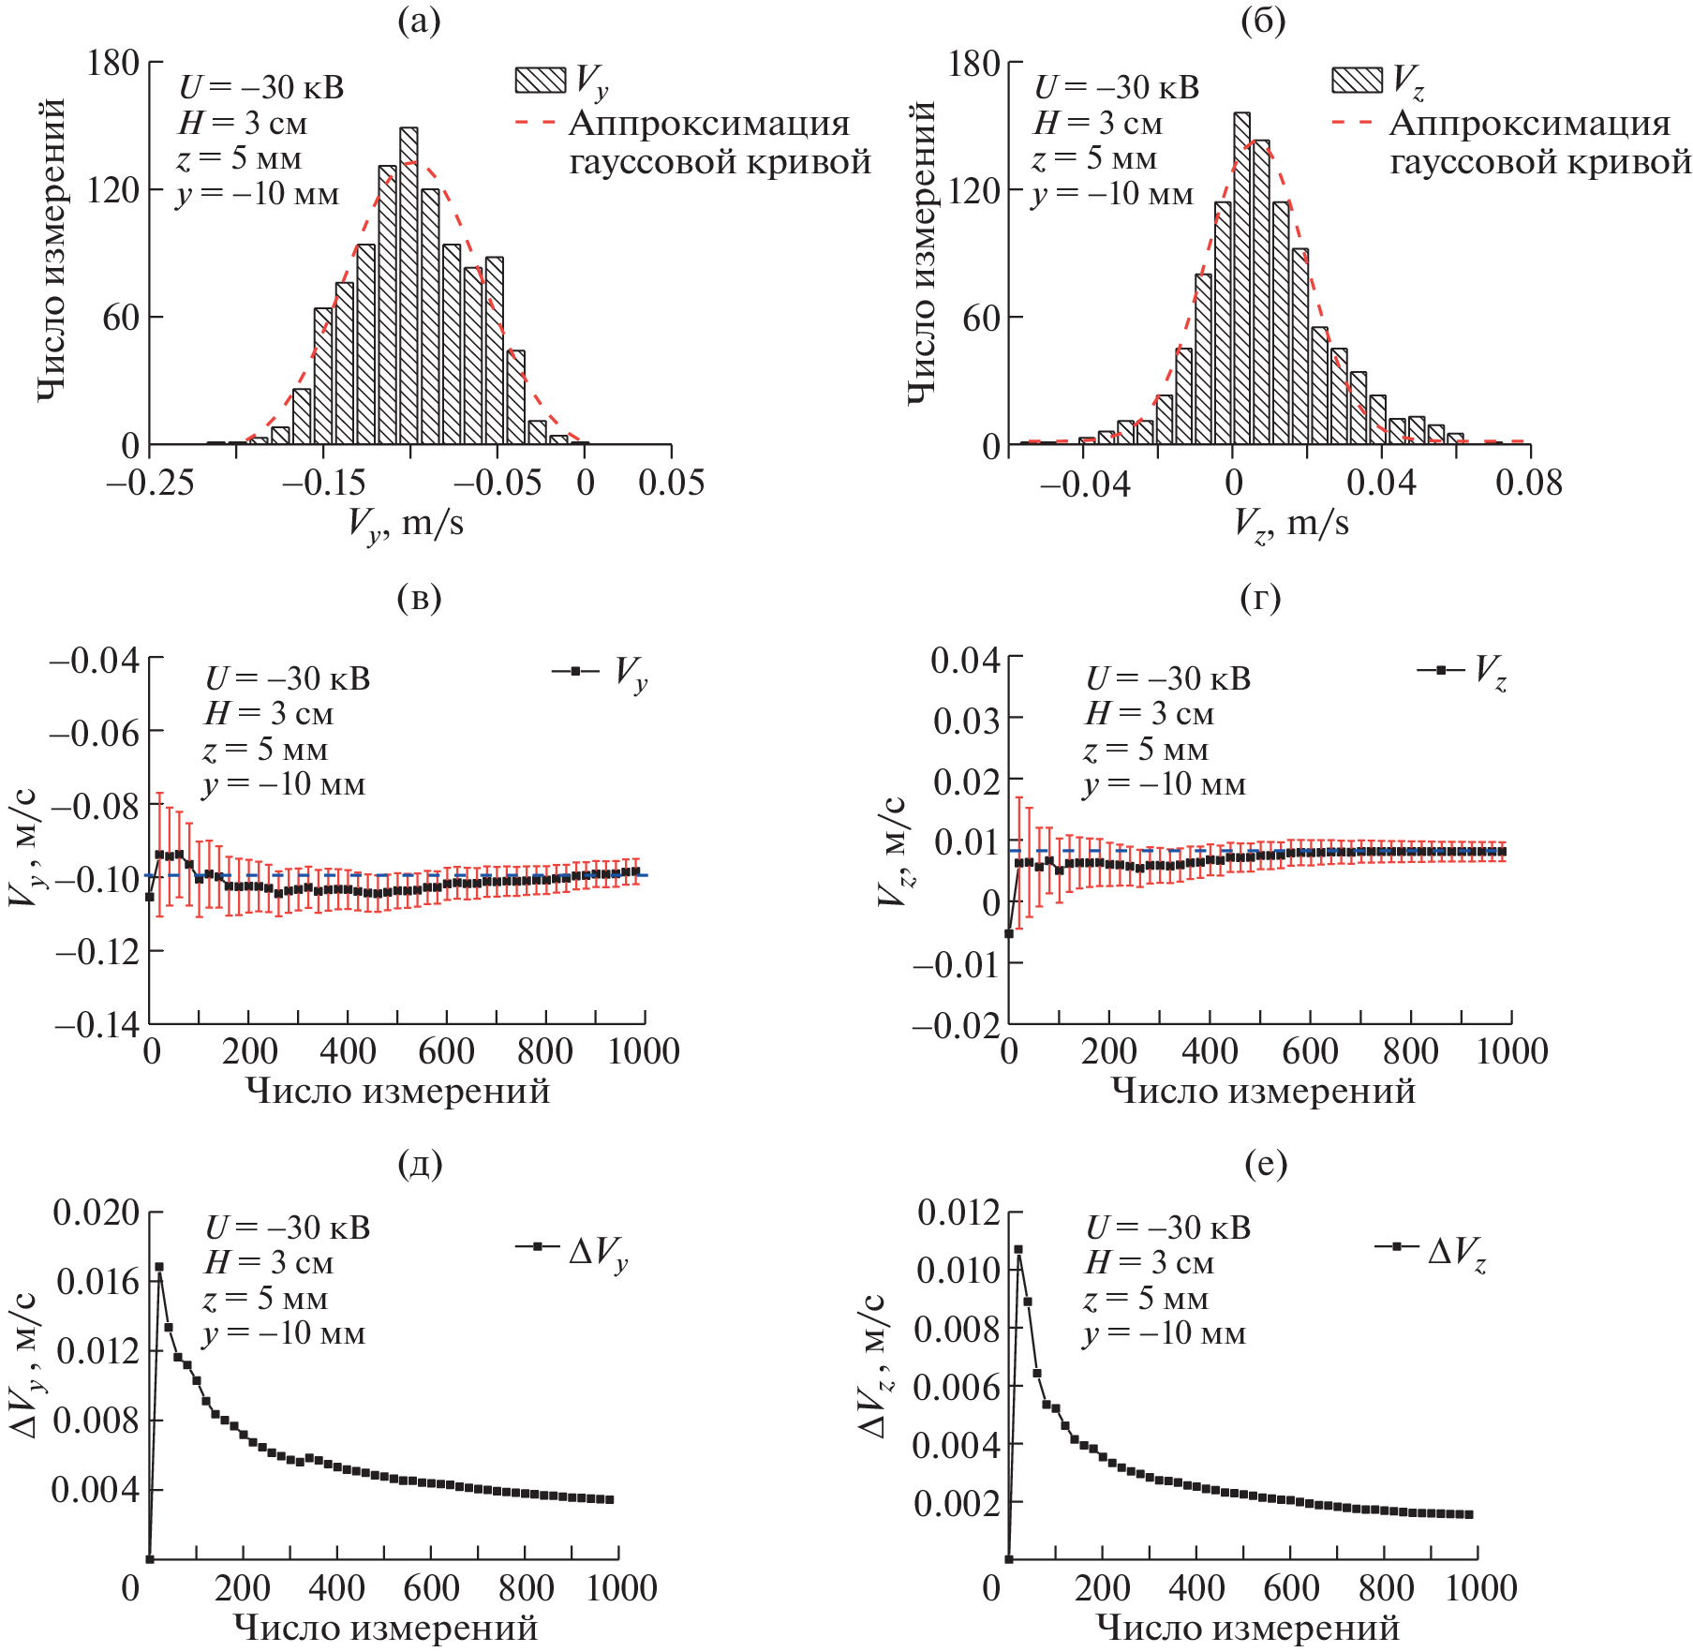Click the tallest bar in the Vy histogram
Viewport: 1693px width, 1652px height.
point(408,286)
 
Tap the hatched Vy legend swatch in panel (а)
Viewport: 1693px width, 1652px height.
point(541,81)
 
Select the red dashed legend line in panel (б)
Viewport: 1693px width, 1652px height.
point(1353,123)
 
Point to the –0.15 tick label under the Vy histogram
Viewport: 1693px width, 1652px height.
point(324,483)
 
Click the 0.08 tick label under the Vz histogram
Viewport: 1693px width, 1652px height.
point(1529,483)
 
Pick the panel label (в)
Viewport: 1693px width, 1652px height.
point(419,597)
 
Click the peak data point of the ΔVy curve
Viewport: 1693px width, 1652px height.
point(159,1267)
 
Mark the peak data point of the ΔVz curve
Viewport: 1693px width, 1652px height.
point(1018,1249)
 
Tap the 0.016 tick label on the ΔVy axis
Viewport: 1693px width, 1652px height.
point(97,1281)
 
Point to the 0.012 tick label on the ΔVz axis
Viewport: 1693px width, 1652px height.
point(958,1212)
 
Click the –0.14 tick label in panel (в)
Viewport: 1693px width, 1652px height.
point(97,1024)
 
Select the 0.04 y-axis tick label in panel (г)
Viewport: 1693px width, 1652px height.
point(965,660)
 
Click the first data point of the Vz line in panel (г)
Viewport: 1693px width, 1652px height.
point(1009,933)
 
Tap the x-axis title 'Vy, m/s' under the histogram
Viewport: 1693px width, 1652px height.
point(405,523)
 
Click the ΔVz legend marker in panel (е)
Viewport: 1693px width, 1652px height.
point(1397,1247)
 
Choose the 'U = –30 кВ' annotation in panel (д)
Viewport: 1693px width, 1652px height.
point(288,1228)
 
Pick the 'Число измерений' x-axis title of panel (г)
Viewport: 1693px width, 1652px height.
point(1263,1090)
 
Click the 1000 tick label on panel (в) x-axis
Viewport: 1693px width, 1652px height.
point(643,1051)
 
